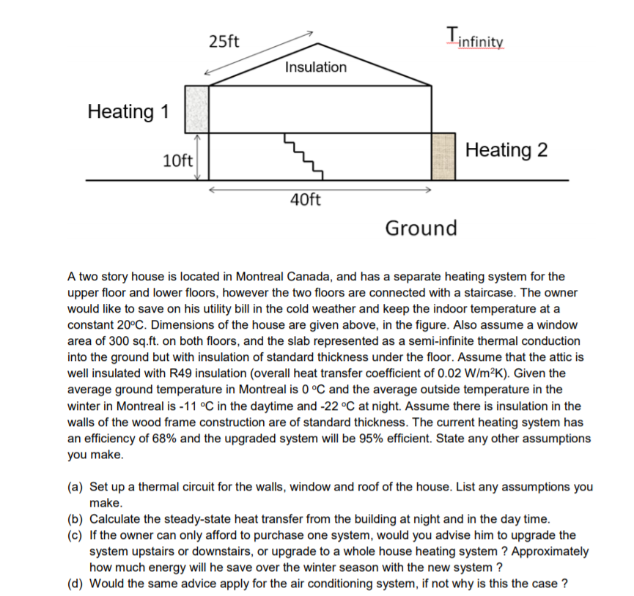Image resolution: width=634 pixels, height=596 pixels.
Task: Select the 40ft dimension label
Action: coord(306,200)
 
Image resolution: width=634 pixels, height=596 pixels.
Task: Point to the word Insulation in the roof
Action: coord(315,67)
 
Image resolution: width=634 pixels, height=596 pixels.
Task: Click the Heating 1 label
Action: coord(128,112)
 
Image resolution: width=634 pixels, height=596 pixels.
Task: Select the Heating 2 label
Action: coord(506,150)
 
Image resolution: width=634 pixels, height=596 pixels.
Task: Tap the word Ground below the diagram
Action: coord(421,228)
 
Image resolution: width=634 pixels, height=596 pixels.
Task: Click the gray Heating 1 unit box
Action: coord(196,108)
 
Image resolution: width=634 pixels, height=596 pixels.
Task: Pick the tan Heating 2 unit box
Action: coord(444,156)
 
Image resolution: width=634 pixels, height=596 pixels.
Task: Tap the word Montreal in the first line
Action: coord(262,277)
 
